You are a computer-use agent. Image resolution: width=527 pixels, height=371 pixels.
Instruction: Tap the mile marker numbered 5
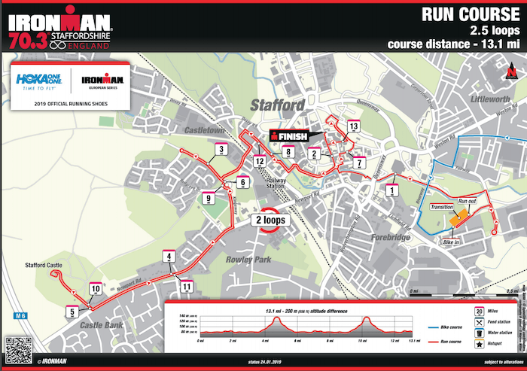[72, 312]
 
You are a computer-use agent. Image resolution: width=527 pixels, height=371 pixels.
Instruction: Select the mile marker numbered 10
[96, 288]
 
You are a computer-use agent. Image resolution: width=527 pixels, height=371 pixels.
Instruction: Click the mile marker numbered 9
[209, 199]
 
